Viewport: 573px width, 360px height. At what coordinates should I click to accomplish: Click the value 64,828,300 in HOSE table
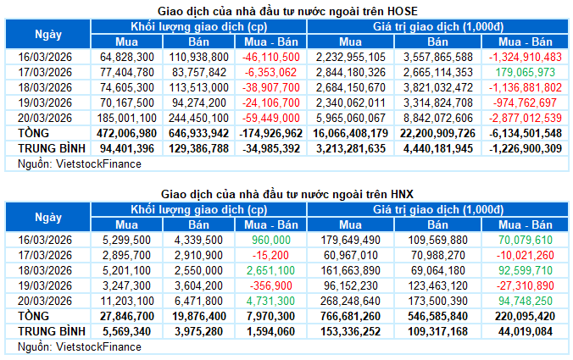(126, 57)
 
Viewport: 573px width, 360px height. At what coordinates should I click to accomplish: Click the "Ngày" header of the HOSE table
(47, 34)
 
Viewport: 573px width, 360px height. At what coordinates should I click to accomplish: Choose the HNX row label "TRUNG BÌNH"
(47, 332)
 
